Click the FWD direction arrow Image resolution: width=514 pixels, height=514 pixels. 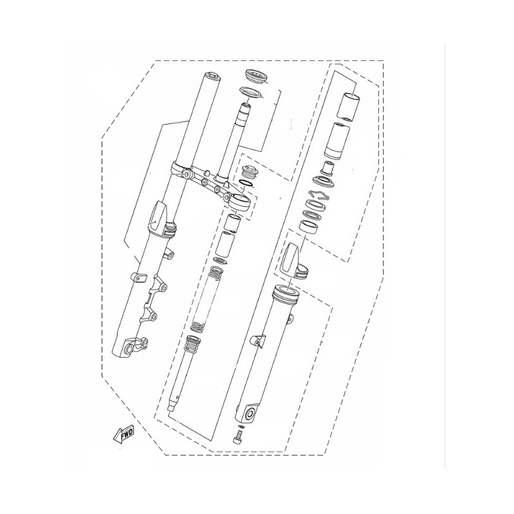click(123, 435)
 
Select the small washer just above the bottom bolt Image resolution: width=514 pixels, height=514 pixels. click(242, 427)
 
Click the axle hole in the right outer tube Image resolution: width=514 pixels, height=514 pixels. click(250, 414)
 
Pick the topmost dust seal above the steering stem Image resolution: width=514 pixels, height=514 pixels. click(257, 76)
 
